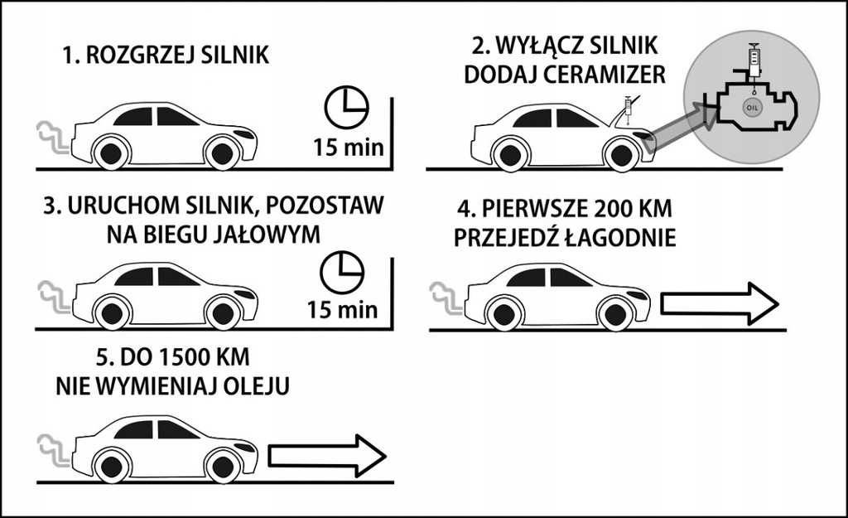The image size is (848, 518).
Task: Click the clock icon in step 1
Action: tap(345, 105)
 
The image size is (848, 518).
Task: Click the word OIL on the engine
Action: tap(753, 107)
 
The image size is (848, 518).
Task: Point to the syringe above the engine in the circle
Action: tap(754, 60)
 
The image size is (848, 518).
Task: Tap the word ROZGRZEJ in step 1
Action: tap(147, 56)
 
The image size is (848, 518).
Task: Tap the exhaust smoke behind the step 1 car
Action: tap(51, 138)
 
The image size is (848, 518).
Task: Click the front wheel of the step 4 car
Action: tap(614, 313)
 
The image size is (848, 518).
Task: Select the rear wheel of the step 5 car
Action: tap(112, 465)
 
